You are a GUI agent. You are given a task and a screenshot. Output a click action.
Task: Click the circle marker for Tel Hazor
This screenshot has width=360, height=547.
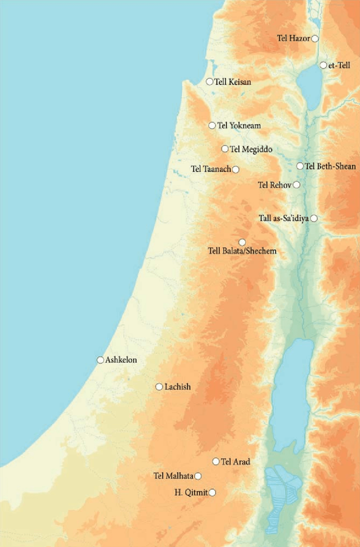pyautogui.click(x=315, y=39)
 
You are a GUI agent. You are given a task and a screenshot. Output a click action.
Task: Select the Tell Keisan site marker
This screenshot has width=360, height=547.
pyautogui.click(x=209, y=82)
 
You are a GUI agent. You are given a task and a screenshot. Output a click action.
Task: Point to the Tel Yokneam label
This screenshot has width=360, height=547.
pyautogui.click(x=239, y=126)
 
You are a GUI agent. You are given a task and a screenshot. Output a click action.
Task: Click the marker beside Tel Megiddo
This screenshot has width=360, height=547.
pyautogui.click(x=225, y=149)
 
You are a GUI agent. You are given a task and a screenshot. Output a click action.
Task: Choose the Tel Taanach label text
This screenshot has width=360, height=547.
pyautogui.click(x=211, y=169)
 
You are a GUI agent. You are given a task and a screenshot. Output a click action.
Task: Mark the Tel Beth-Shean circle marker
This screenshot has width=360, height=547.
pyautogui.click(x=300, y=166)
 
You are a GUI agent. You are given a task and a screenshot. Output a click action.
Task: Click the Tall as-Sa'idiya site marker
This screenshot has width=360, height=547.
pyautogui.click(x=314, y=218)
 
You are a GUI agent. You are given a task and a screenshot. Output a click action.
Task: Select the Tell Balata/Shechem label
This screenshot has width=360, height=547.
pyautogui.click(x=242, y=251)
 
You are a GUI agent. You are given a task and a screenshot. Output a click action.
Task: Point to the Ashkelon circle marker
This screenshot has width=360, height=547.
pyautogui.click(x=100, y=360)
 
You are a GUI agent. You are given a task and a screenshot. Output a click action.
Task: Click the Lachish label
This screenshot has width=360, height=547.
pyautogui.click(x=177, y=387)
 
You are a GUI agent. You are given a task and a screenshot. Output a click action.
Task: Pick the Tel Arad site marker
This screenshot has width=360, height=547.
pyautogui.click(x=216, y=461)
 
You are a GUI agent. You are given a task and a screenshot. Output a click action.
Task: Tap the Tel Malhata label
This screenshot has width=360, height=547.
pyautogui.click(x=173, y=476)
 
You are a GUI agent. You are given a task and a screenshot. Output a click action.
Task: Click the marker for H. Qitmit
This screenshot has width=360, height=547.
pyautogui.click(x=212, y=492)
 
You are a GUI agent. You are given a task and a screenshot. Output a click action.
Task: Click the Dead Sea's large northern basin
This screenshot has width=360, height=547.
pyautogui.click(x=292, y=394)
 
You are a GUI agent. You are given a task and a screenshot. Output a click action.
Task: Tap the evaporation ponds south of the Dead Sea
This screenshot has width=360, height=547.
pyautogui.click(x=280, y=495)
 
